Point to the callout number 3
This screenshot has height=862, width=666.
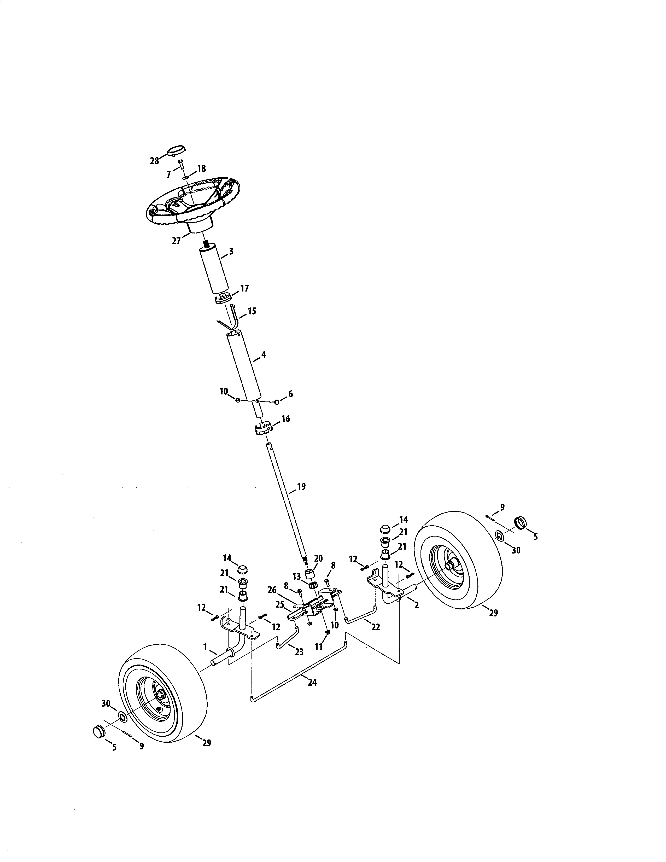(x=231, y=251)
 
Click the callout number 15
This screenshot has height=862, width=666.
(x=252, y=311)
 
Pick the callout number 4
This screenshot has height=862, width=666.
(x=264, y=354)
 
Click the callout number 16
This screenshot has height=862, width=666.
(x=285, y=419)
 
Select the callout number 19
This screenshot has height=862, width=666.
(x=301, y=487)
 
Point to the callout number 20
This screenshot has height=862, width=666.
(x=318, y=558)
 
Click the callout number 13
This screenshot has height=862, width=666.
(x=297, y=577)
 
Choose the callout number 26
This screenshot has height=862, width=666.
(x=272, y=590)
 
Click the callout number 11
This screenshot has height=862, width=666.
(x=318, y=647)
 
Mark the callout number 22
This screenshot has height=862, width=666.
(x=376, y=627)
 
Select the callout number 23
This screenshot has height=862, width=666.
(x=300, y=652)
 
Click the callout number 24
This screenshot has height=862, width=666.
(x=312, y=682)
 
